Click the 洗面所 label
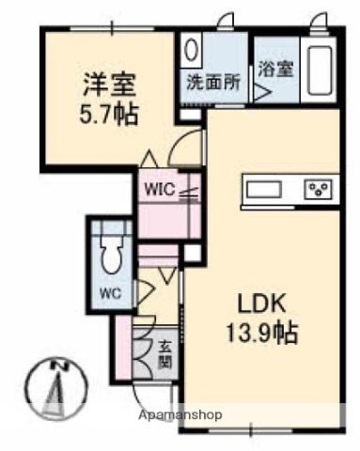213,82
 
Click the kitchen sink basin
265,192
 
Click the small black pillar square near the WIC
191,253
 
